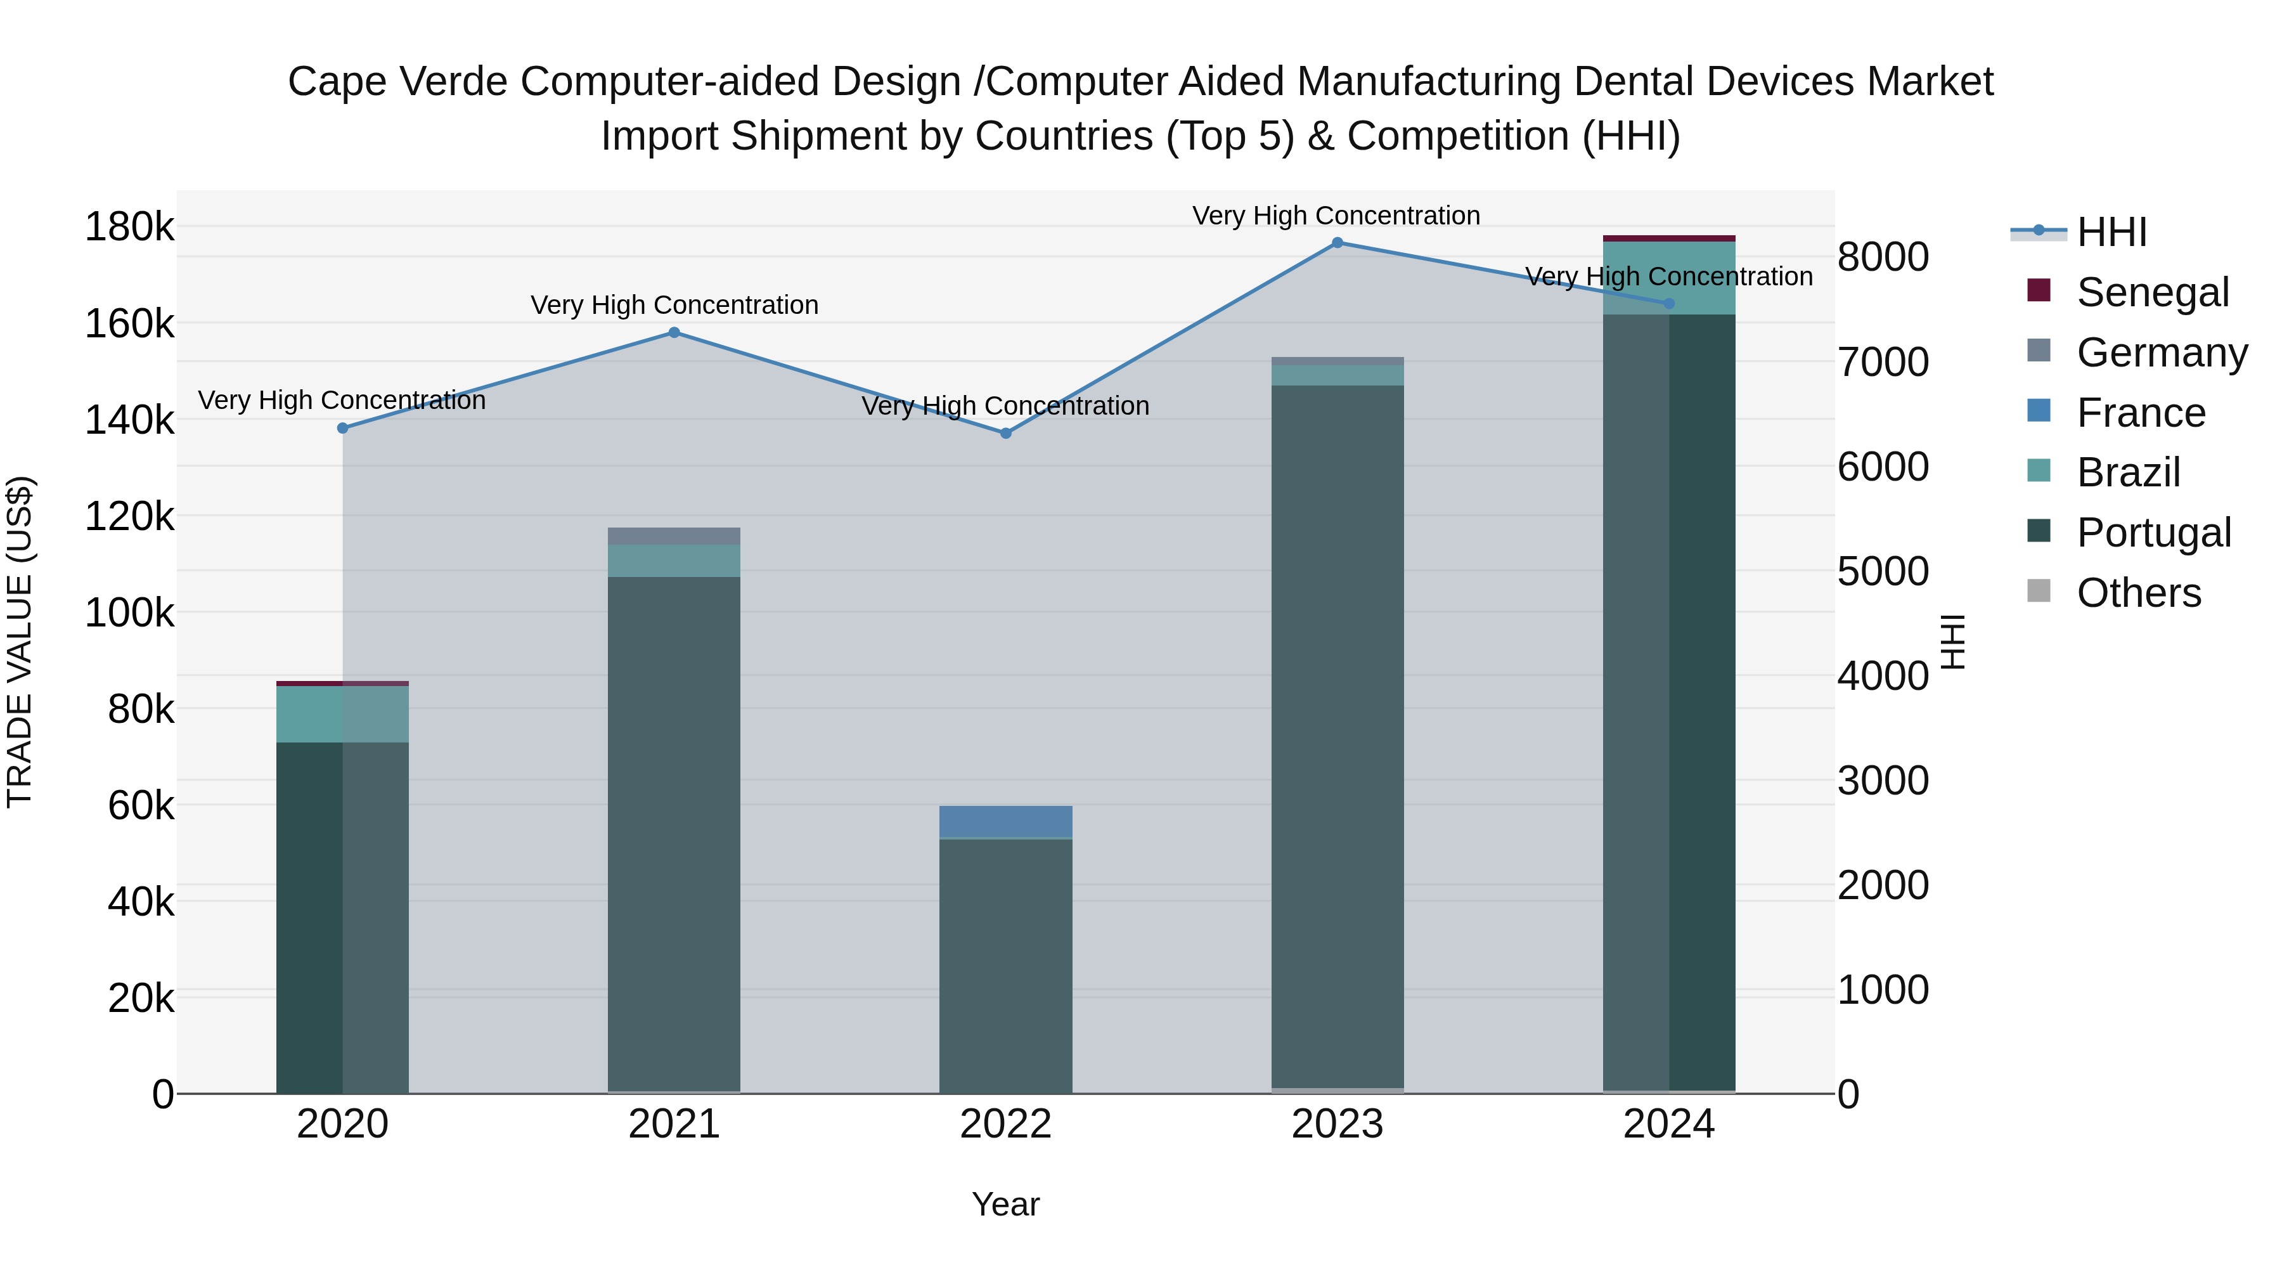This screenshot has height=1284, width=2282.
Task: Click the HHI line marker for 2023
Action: (1338, 243)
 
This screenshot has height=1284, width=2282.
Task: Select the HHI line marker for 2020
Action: (343, 428)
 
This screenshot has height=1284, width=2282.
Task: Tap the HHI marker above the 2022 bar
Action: (1005, 433)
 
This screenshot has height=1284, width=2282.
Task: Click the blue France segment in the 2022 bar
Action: (1005, 821)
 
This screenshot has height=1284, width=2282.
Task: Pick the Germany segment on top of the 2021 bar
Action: (674, 536)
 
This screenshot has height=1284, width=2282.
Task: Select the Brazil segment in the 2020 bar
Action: (343, 714)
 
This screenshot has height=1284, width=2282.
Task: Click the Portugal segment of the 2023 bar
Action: (1338, 736)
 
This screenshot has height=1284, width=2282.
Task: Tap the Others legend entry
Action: (2137, 593)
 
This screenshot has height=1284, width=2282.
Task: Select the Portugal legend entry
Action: (2153, 533)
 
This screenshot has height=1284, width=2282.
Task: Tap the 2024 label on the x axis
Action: (1669, 1124)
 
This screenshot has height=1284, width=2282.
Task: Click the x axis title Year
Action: (1005, 1204)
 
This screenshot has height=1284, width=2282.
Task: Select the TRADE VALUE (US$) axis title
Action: (20, 642)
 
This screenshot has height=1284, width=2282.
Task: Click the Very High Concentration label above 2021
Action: (674, 305)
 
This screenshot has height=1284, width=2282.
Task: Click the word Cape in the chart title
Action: (337, 82)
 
